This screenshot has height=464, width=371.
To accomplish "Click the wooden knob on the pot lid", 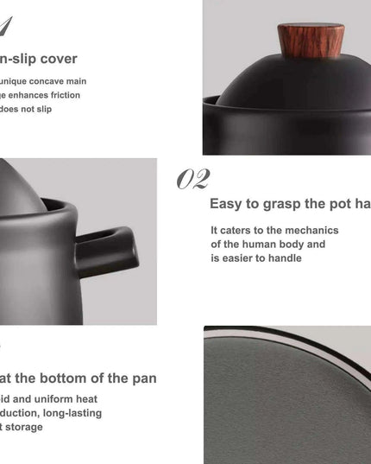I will tap(310, 41).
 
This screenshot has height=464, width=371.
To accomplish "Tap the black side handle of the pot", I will tap(108, 251).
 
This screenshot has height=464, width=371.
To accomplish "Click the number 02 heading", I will tap(193, 179).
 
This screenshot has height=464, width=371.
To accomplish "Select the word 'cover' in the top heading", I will tap(56, 59).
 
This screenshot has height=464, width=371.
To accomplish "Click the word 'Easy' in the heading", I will tap(226, 204).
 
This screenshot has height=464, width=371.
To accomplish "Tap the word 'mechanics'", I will tap(311, 231).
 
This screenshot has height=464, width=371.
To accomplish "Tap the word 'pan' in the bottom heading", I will tap(141, 378).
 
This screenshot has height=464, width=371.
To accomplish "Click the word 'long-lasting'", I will tap(73, 413).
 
